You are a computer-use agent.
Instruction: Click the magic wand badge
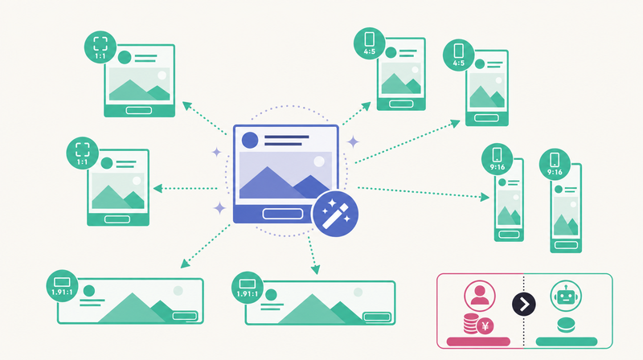click(x=335, y=214)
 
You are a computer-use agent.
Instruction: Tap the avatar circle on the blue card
click(x=250, y=140)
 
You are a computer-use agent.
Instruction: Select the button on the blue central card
click(x=283, y=214)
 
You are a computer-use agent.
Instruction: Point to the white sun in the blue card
click(x=319, y=162)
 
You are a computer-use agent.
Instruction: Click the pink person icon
click(x=479, y=296)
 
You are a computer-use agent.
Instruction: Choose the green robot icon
click(x=566, y=296)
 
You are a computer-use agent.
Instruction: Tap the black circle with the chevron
click(x=524, y=305)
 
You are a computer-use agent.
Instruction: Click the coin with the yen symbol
click(x=485, y=326)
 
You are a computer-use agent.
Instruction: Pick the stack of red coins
click(x=471, y=323)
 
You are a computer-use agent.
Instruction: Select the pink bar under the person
click(x=478, y=342)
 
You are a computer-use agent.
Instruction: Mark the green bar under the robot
click(x=567, y=342)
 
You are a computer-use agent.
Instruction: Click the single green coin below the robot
click(x=566, y=325)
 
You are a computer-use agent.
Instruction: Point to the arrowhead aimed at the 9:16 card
click(x=485, y=197)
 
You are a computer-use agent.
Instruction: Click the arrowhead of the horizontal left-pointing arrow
click(x=158, y=188)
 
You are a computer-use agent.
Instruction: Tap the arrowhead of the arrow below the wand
click(x=315, y=269)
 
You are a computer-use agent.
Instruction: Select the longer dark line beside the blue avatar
click(x=287, y=137)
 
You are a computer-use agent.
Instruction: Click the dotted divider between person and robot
click(x=524, y=311)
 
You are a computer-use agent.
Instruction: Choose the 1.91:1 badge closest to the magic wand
click(x=248, y=288)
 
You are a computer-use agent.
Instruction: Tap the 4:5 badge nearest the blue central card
click(x=370, y=43)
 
